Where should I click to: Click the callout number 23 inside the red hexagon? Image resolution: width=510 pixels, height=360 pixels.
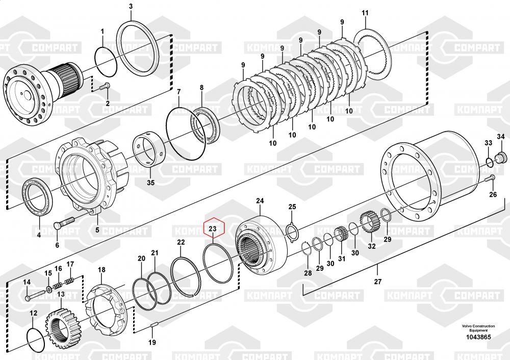(x=213, y=229)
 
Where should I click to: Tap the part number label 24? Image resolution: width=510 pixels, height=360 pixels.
(x=260, y=201)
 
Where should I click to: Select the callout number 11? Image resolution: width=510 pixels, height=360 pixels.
(x=365, y=12)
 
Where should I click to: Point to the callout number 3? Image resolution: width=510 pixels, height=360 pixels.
(x=131, y=6)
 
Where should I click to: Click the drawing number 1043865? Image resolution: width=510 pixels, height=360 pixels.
(x=479, y=337)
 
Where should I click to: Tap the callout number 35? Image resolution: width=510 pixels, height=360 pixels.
(x=150, y=183)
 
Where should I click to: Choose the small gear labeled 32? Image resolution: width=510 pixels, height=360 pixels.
(x=368, y=224)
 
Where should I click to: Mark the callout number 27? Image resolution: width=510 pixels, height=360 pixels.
(x=377, y=282)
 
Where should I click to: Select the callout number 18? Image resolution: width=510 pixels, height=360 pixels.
(x=101, y=269)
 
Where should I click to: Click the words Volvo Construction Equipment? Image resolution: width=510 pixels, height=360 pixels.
(x=478, y=328)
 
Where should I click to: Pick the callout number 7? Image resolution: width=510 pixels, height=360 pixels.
(x=179, y=92)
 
